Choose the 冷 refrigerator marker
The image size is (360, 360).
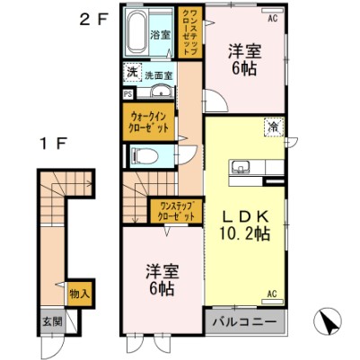click(x=272, y=127)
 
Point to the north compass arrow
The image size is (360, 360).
click(x=329, y=321)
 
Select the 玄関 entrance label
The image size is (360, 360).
click(x=48, y=321)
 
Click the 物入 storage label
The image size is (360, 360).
click(x=78, y=294)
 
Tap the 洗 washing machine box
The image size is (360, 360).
click(x=131, y=73)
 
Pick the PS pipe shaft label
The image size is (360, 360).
click(x=127, y=91)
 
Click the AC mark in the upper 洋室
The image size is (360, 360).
click(x=273, y=16)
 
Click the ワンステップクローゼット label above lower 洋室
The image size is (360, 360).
click(x=171, y=212)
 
